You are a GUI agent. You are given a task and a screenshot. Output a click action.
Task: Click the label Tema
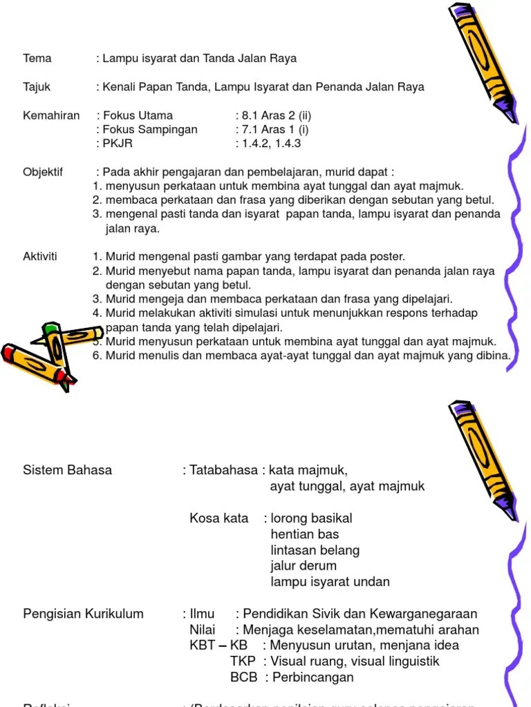37,59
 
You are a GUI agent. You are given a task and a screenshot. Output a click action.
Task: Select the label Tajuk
37,87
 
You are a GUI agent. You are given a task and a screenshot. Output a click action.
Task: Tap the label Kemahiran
51,115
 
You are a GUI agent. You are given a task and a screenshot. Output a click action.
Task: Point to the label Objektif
43,172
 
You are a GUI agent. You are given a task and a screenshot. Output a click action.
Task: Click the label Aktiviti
40,257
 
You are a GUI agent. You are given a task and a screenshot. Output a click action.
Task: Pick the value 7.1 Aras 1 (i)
272,130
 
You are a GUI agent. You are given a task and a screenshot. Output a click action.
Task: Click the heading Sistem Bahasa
68,470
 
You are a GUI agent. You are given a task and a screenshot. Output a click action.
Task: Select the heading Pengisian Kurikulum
84,614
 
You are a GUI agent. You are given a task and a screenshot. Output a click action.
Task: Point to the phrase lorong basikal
312,519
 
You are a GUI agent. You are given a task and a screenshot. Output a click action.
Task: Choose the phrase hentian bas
305,534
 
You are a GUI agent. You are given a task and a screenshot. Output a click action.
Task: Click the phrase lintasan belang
315,550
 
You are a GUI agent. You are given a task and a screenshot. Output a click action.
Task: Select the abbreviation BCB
244,677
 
